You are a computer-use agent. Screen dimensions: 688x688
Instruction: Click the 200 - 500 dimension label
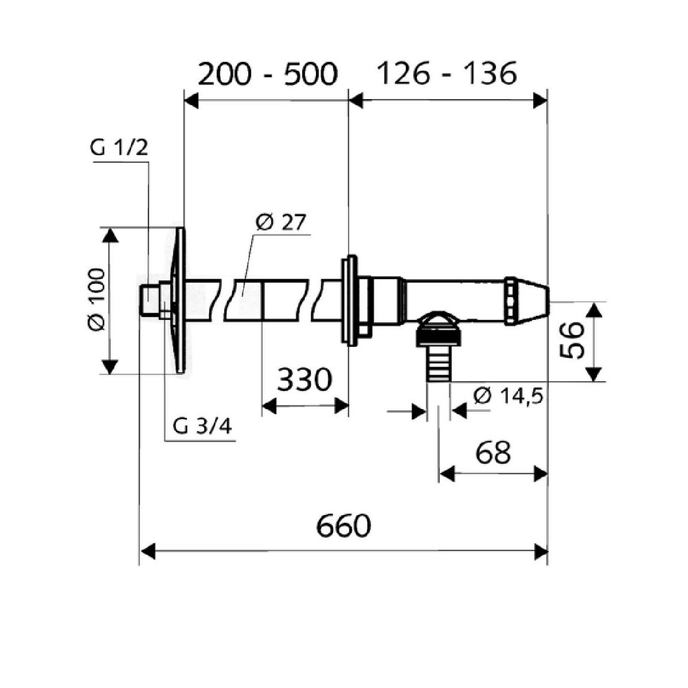[x=267, y=74]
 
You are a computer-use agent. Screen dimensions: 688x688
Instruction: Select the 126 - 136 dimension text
[x=447, y=74]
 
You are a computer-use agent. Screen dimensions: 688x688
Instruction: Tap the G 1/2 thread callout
[x=119, y=148]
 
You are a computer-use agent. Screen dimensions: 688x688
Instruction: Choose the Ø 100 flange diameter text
[x=96, y=300]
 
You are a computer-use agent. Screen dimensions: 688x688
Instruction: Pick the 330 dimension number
[x=304, y=380]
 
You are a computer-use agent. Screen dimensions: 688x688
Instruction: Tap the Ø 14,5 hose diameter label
[x=509, y=396]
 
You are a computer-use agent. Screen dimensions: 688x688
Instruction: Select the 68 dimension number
[x=493, y=452]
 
